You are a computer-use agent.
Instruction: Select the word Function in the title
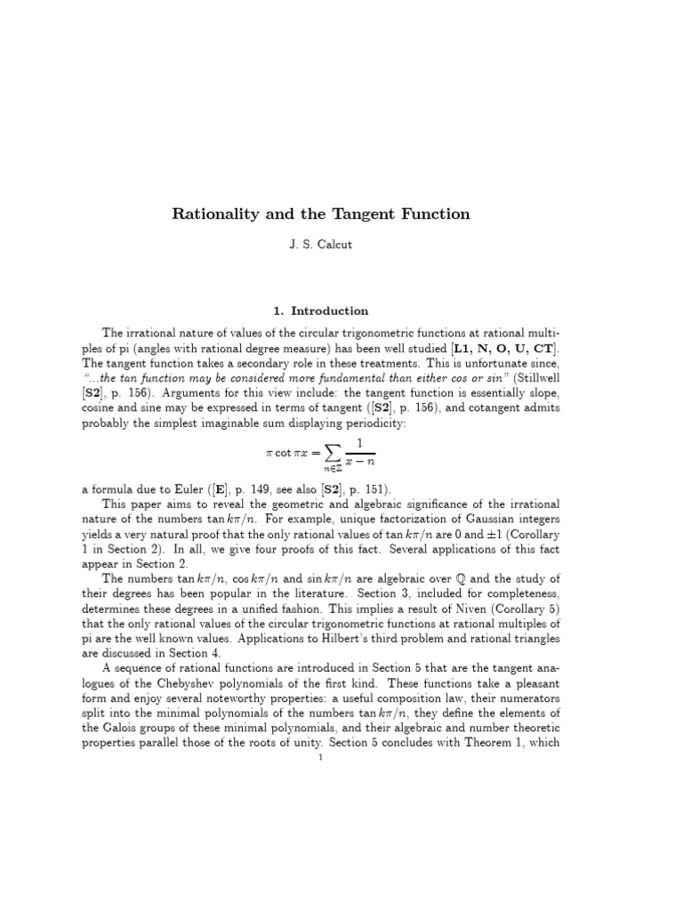tap(430, 214)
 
